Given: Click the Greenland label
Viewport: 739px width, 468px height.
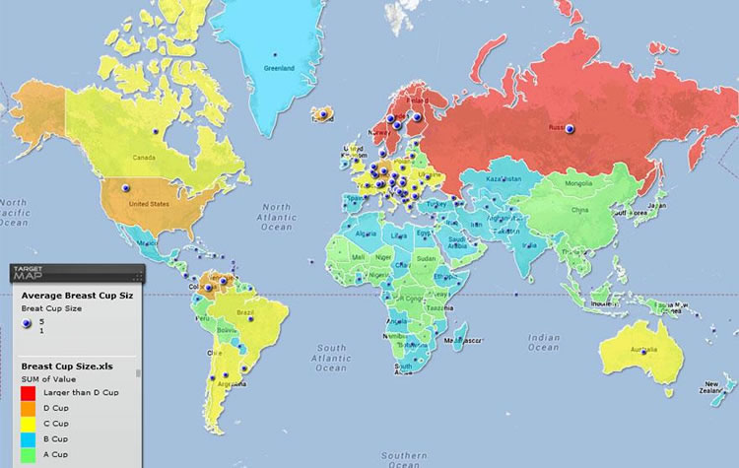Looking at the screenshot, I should (277, 68).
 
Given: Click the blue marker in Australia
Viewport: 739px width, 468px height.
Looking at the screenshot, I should (644, 357).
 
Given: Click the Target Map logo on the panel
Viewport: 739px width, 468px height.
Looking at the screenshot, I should (33, 274).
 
